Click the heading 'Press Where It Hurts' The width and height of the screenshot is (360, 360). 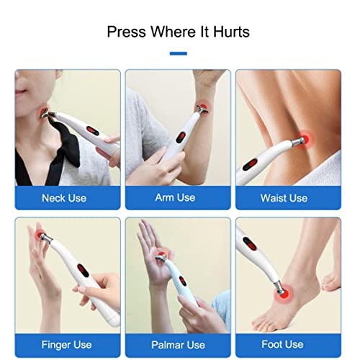179,32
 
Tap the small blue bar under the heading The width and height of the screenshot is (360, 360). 179,53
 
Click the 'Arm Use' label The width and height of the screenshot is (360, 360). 176,197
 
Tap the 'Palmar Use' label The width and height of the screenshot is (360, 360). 177,345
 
